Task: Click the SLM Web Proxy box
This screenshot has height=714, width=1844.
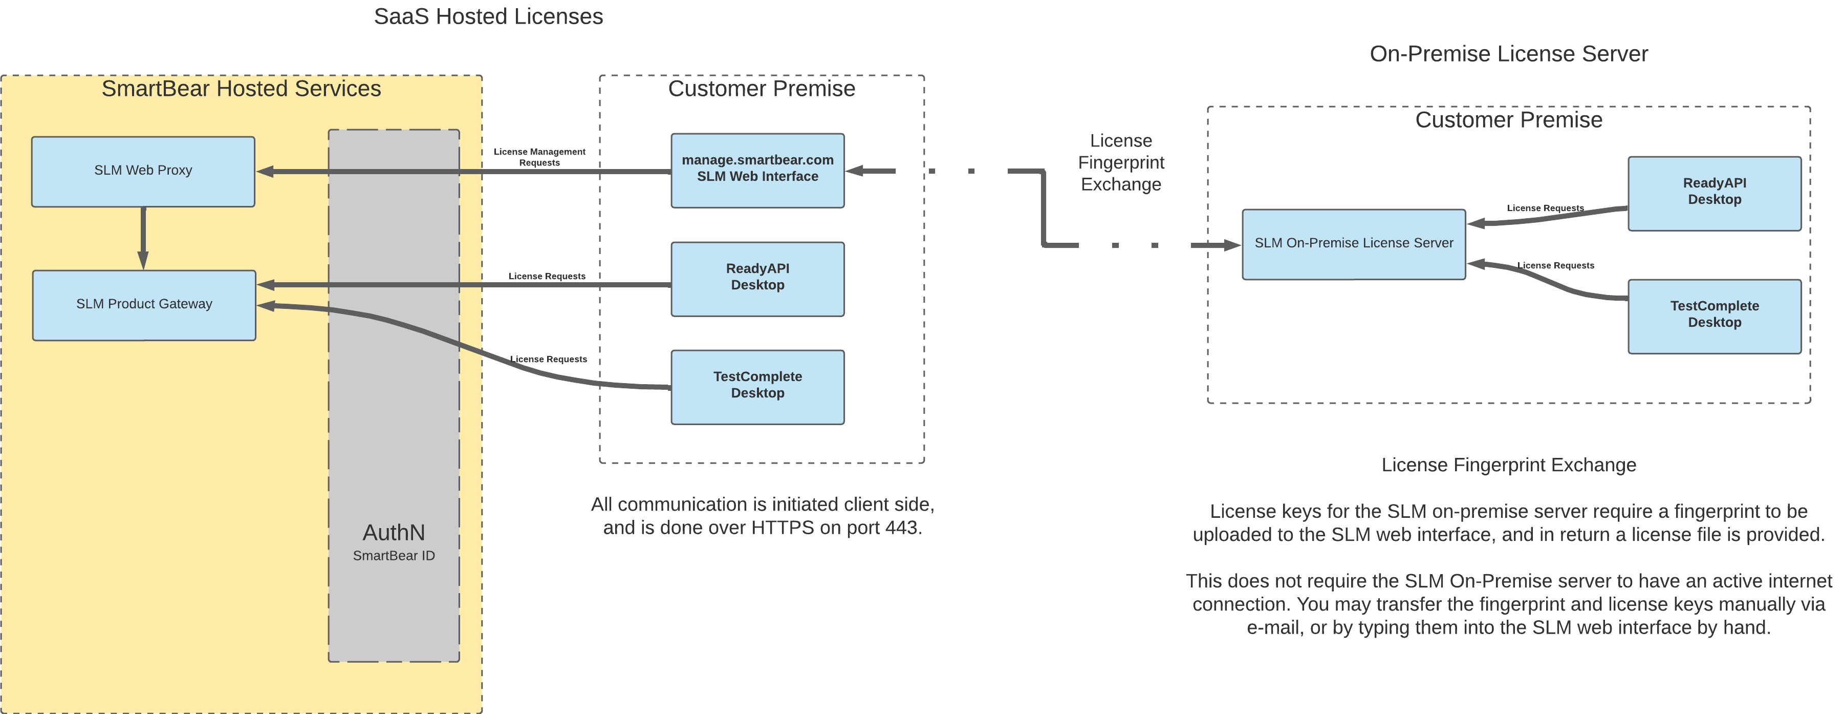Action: click(143, 171)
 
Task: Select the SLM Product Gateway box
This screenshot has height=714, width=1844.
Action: click(144, 304)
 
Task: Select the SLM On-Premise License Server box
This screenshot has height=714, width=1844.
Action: click(1353, 243)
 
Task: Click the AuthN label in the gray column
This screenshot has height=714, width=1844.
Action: click(394, 532)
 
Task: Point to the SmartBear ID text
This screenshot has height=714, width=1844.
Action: click(394, 556)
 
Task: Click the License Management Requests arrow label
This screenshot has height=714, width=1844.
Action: click(539, 157)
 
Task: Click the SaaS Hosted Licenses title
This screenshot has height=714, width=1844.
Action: click(488, 16)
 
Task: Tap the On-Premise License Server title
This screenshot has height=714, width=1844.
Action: click(1508, 54)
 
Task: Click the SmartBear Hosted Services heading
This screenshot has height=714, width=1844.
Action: click(241, 88)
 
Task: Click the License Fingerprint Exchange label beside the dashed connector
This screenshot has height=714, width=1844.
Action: click(1120, 162)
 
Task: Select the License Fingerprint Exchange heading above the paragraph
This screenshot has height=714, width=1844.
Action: click(1508, 465)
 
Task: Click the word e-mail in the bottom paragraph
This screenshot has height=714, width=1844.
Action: click(1272, 627)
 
